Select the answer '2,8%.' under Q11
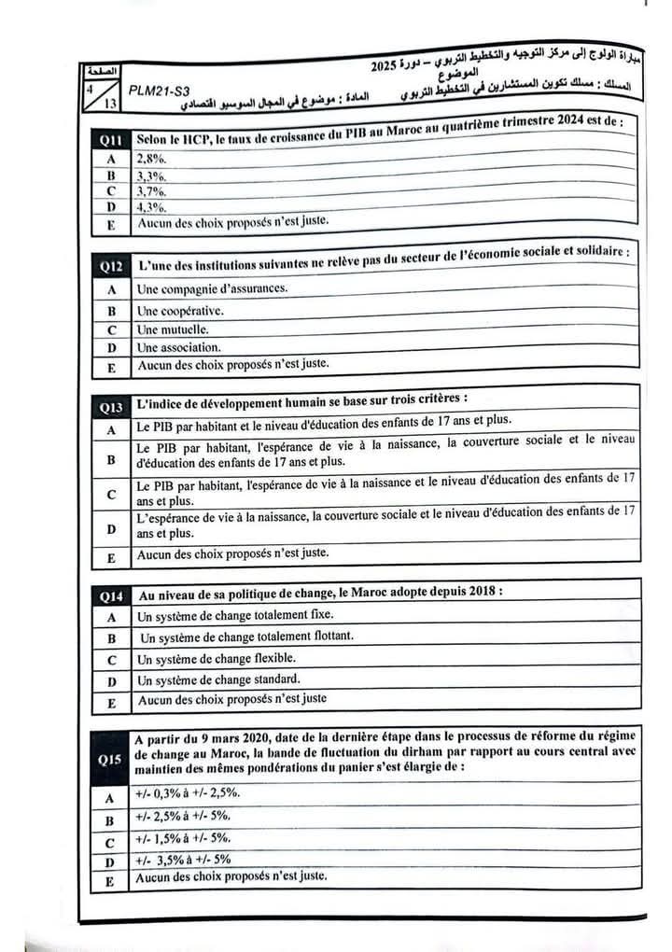tap(150, 158)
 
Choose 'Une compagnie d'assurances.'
tap(212, 288)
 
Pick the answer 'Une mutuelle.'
tap(173, 329)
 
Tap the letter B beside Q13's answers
tap(111, 459)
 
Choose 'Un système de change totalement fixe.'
tap(234, 616)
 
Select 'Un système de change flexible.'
tap(217, 658)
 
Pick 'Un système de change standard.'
tap(218, 679)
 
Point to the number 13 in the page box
tap(110, 104)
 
